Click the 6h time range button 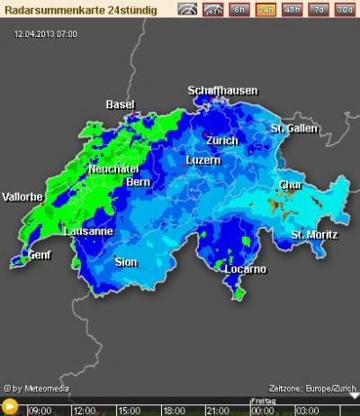(x=238, y=11)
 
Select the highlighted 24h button (x=265, y=11)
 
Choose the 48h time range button (x=292, y=11)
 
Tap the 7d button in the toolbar (x=319, y=11)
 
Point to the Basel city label (x=120, y=104)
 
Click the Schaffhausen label (x=222, y=91)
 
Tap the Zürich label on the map (x=221, y=140)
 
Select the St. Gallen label (x=294, y=129)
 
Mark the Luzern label (x=202, y=160)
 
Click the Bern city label (x=138, y=182)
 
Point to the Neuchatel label (x=113, y=168)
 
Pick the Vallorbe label (x=23, y=196)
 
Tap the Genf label (x=40, y=255)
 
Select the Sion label (x=126, y=262)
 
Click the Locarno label (x=245, y=268)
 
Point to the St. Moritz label (x=314, y=235)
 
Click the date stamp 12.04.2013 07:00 (x=46, y=33)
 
